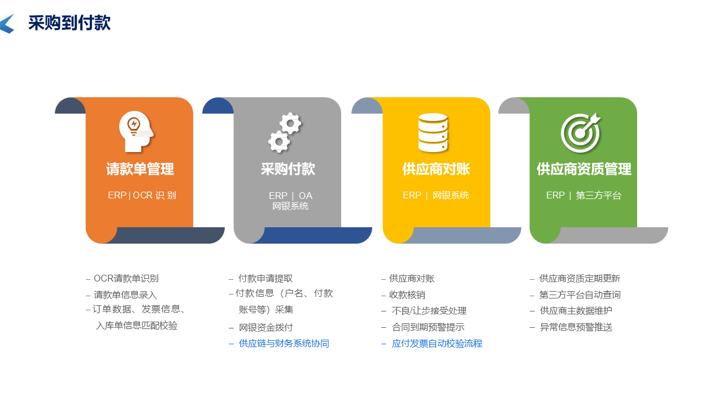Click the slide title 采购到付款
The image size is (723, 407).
(69, 23)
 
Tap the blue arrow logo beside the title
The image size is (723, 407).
(7, 24)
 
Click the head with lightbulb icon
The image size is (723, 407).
(136, 132)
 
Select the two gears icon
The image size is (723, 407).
(285, 132)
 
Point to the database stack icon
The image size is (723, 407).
(433, 132)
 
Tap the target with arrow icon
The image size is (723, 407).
(581, 132)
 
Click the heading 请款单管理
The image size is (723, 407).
(140, 169)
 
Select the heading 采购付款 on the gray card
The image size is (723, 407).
(288, 169)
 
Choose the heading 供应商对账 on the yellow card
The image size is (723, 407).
(436, 169)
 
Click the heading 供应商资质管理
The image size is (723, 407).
(583, 169)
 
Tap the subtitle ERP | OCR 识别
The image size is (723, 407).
(142, 196)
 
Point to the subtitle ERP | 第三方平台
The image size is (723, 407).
(583, 196)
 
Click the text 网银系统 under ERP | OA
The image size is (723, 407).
(290, 206)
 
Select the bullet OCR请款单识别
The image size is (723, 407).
(126, 279)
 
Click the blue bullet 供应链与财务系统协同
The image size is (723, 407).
(284, 344)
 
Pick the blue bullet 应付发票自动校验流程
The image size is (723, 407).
(437, 344)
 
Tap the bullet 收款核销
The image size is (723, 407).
(407, 295)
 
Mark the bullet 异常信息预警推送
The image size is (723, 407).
(576, 327)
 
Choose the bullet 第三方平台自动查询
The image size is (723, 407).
(580, 295)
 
